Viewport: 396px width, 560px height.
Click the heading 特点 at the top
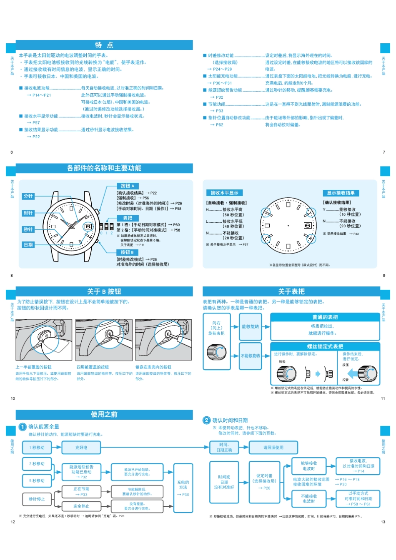104,45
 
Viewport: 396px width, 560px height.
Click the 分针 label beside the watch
28,196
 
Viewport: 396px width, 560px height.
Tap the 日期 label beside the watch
28,245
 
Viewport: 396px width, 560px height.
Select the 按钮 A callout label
127,186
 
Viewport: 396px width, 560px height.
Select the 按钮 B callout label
127,252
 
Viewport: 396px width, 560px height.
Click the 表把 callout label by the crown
127,218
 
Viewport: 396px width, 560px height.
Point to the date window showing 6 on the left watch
88,226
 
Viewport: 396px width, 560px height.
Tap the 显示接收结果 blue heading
341,193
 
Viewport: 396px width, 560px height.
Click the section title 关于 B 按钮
104,291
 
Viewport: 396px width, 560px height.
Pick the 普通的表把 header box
325,317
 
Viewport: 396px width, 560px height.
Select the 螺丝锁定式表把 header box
325,346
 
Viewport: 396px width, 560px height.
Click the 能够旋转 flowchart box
251,326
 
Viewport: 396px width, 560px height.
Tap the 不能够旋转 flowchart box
251,356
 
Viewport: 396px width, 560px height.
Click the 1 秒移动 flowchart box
37,448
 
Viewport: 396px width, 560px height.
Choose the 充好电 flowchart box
81,448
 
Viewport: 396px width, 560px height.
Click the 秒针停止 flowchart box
37,499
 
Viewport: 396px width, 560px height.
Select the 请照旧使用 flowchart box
273,448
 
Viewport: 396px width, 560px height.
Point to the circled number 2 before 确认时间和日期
206,421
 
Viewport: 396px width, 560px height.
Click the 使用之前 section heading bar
104,414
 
